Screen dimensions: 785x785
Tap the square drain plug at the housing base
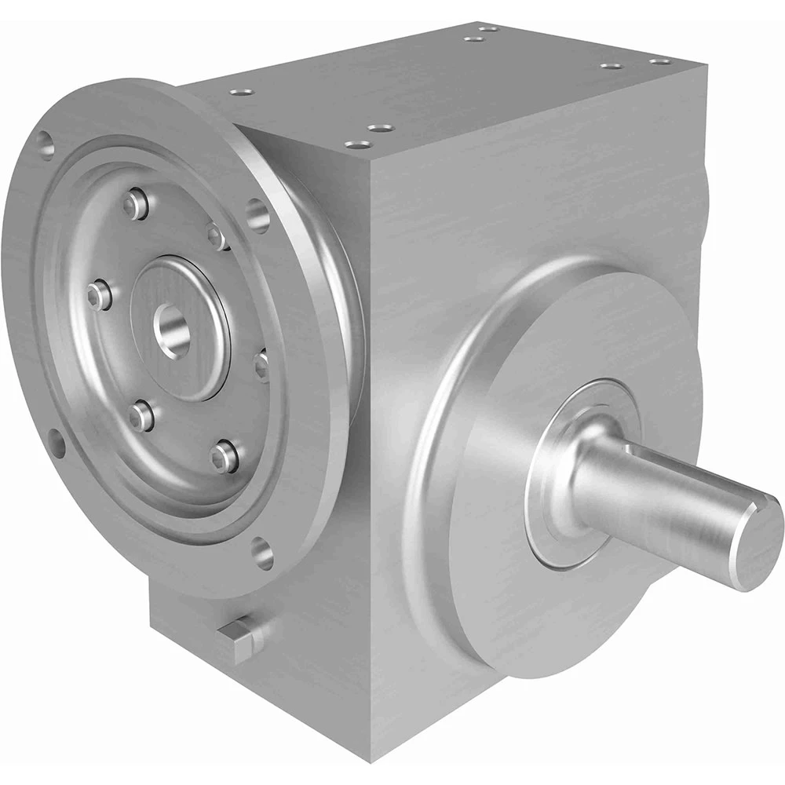point(239,637)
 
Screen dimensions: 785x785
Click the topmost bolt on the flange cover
point(137,203)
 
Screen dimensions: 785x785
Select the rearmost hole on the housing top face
point(487,29)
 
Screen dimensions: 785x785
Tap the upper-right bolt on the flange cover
point(217,233)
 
